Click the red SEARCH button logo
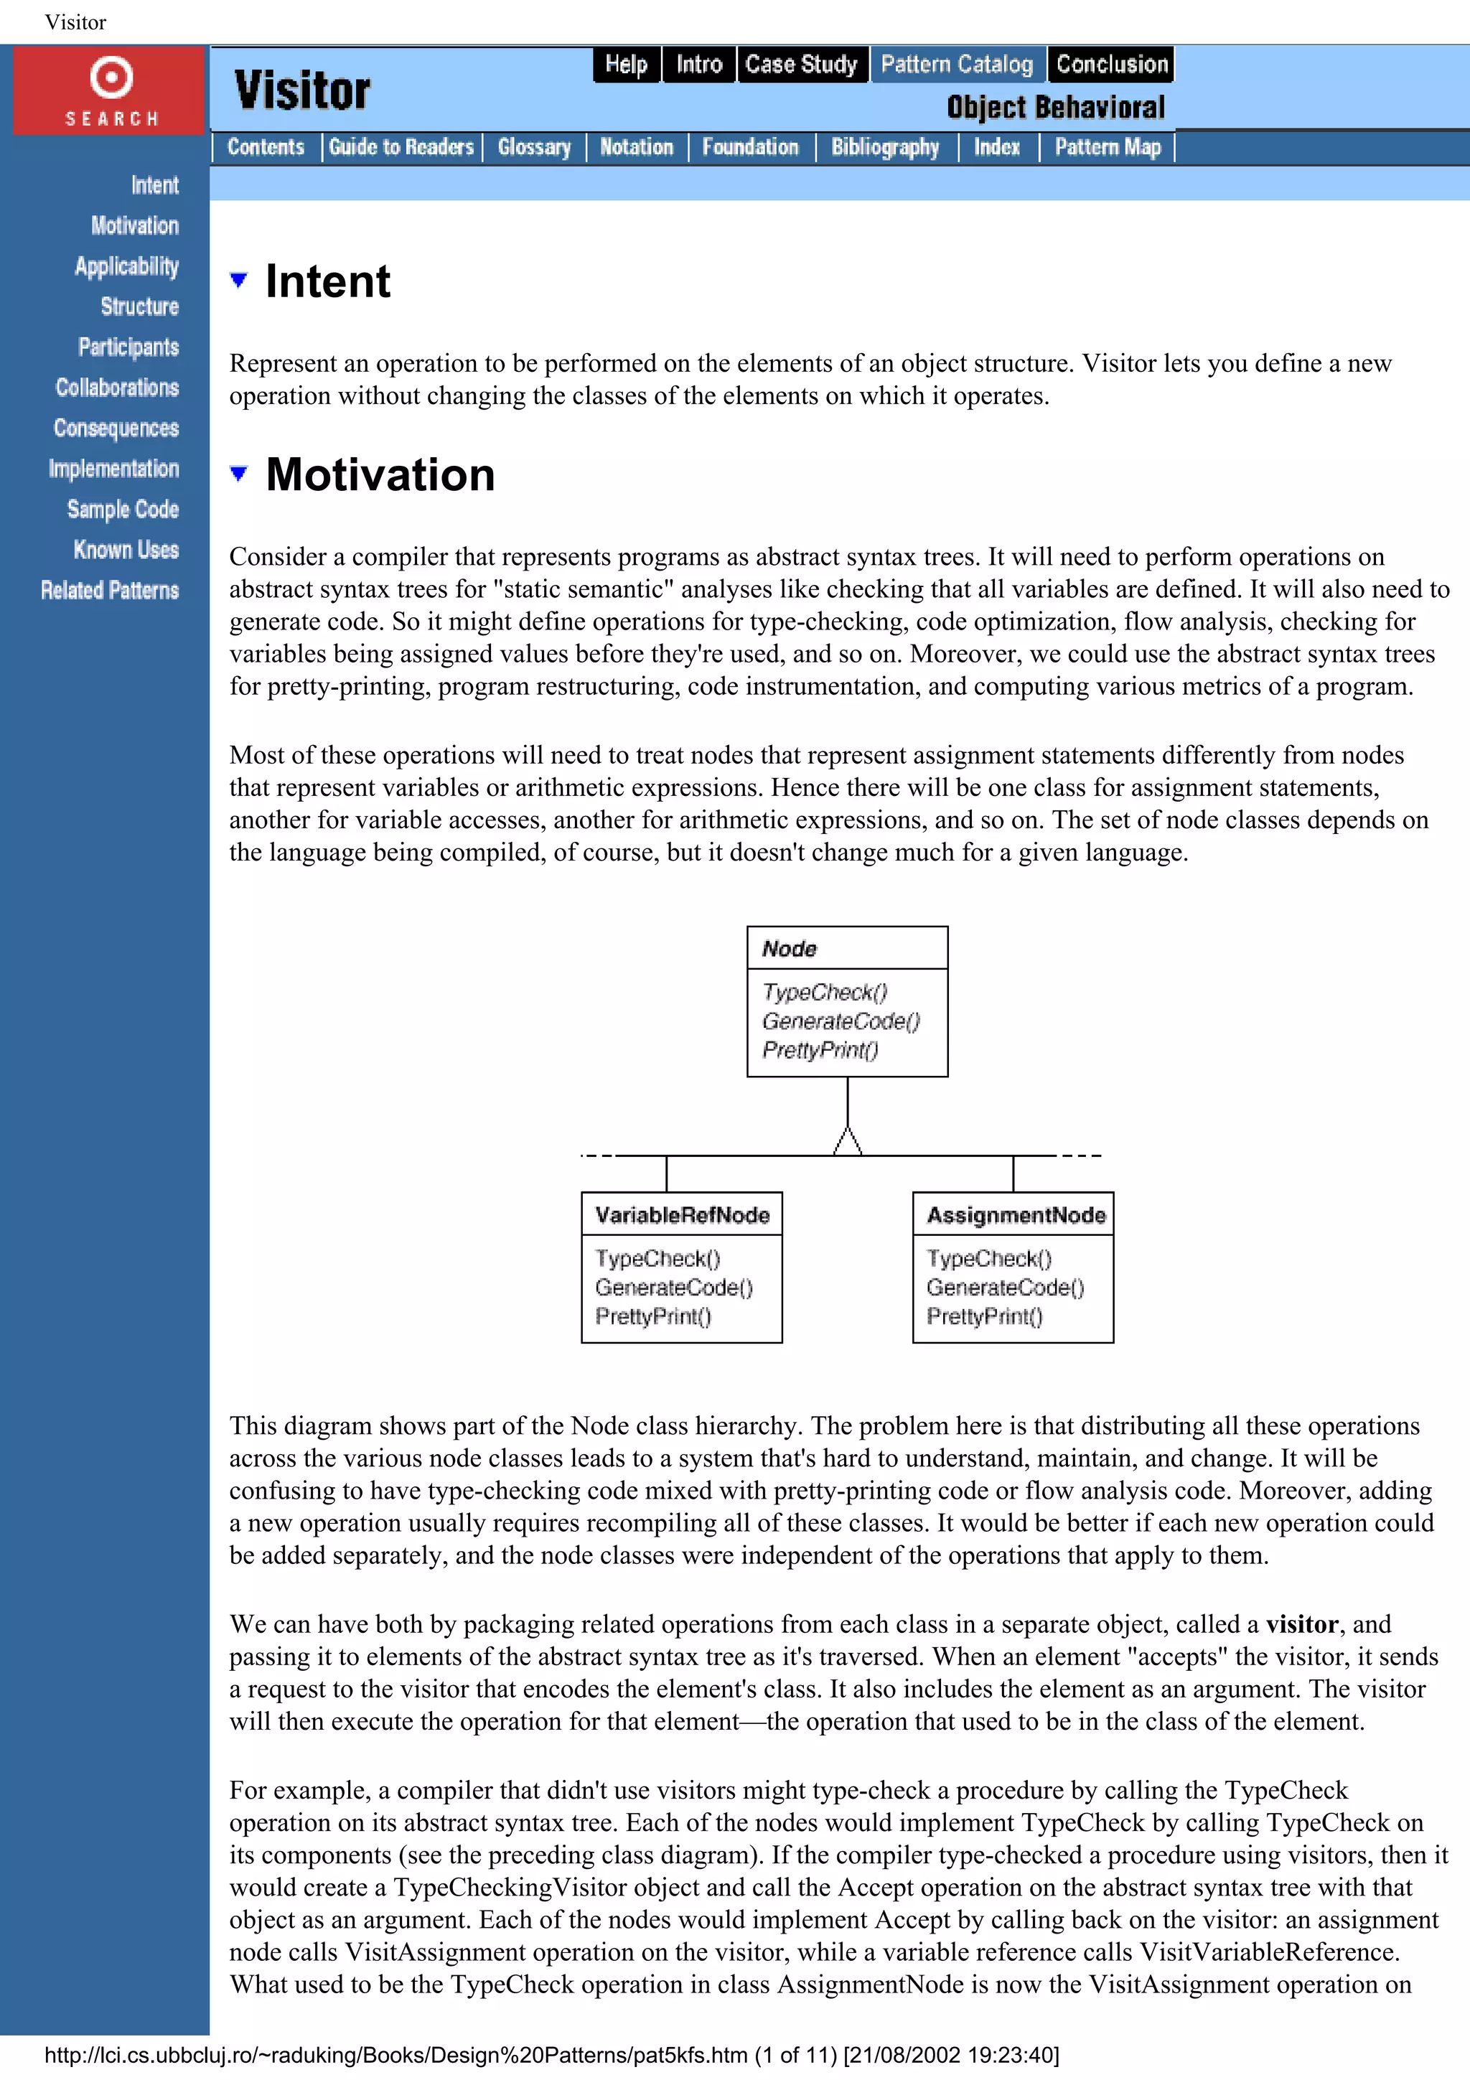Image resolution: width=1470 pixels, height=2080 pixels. click(111, 90)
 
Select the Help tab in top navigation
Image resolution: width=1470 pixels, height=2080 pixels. click(626, 65)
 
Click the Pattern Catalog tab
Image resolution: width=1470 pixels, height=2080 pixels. click(957, 65)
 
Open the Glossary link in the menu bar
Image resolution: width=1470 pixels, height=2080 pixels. click(533, 146)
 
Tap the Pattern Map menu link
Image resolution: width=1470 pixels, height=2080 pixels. click(1107, 146)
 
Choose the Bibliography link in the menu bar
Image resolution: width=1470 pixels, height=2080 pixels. click(885, 146)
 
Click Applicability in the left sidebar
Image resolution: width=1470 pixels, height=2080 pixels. click(127, 266)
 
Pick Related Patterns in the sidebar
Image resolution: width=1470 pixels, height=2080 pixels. click(110, 591)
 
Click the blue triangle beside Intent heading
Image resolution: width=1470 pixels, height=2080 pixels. click(239, 280)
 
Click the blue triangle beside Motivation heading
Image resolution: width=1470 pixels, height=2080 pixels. click(239, 473)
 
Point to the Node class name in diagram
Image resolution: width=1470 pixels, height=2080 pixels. click(789, 949)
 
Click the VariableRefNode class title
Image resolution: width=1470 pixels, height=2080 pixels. click(682, 1215)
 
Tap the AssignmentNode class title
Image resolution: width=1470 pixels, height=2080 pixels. click(1016, 1215)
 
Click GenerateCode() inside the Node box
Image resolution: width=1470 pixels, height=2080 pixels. click(841, 1021)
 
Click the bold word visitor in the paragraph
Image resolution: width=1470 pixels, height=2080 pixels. click(1301, 1624)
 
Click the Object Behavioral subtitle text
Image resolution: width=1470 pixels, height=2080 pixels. click(1055, 108)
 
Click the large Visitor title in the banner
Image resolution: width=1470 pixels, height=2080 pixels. click(301, 90)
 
